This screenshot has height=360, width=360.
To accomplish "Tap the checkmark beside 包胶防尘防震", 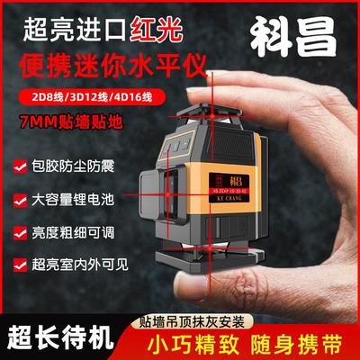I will click(x=16, y=166).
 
